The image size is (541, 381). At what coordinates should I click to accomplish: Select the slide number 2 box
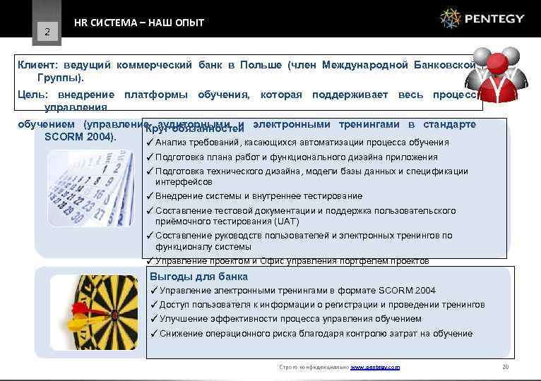coord(47,31)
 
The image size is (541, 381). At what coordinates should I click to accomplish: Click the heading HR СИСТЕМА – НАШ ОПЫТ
coord(139,23)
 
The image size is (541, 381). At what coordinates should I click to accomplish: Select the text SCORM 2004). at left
coord(81,135)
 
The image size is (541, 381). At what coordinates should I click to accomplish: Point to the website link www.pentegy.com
coord(375,367)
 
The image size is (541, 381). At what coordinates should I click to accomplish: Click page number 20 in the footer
coord(504,367)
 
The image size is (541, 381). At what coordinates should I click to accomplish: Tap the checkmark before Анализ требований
coord(150,143)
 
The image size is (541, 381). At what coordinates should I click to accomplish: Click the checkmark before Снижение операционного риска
coord(154,333)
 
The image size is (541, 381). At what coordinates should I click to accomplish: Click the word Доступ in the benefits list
coord(174,304)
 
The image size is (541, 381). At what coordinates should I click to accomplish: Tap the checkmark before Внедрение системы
coord(150,195)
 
